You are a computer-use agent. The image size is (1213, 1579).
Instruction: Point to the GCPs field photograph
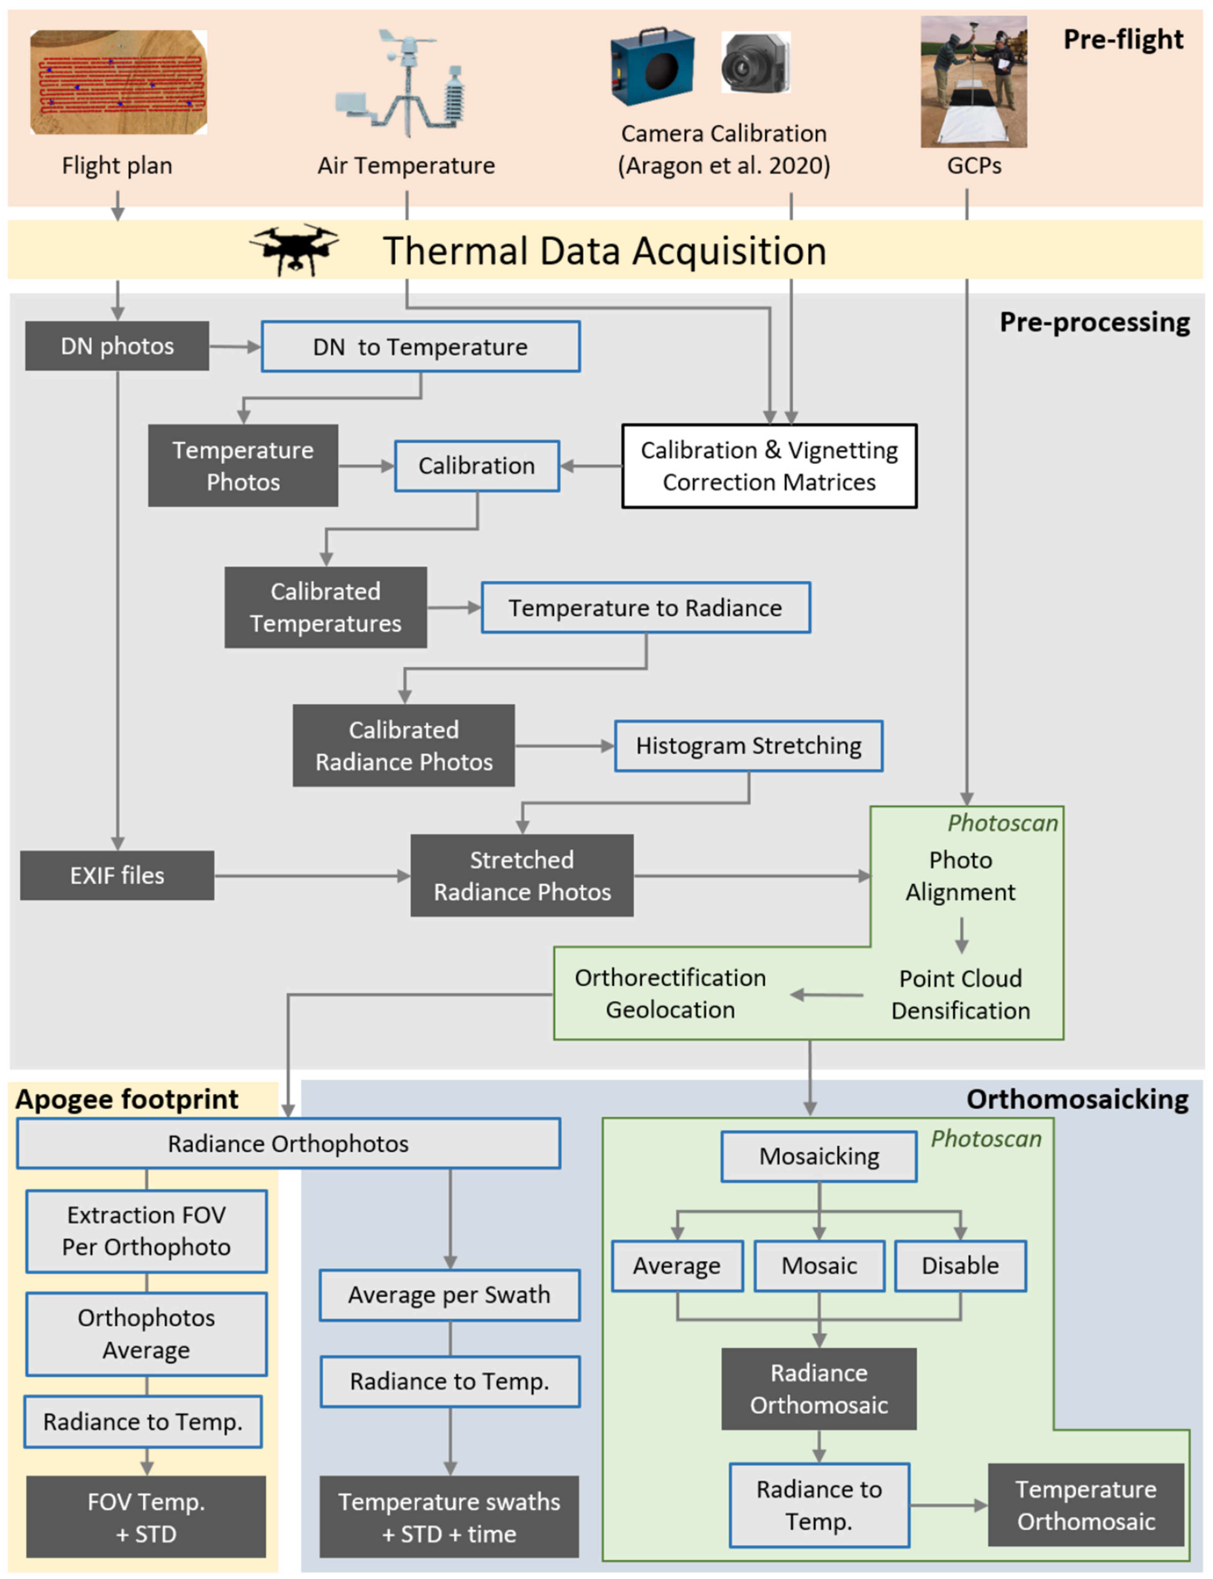click(x=973, y=82)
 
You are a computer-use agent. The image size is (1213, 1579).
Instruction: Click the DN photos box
click(x=117, y=346)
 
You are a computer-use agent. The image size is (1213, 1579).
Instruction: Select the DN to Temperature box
click(x=420, y=347)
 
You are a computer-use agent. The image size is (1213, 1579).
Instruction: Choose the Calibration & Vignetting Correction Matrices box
click(x=769, y=466)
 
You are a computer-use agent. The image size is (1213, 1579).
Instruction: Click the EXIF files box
click(x=117, y=875)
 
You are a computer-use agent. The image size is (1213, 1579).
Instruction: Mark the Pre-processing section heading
click(x=1094, y=322)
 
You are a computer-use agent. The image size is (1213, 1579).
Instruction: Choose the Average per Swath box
click(x=449, y=1294)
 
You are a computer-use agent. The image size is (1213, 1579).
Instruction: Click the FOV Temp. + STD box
click(x=146, y=1517)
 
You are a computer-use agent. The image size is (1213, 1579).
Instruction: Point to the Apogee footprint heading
click(x=127, y=1099)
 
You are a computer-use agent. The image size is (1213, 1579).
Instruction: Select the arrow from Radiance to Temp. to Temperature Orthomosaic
click(x=948, y=1505)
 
